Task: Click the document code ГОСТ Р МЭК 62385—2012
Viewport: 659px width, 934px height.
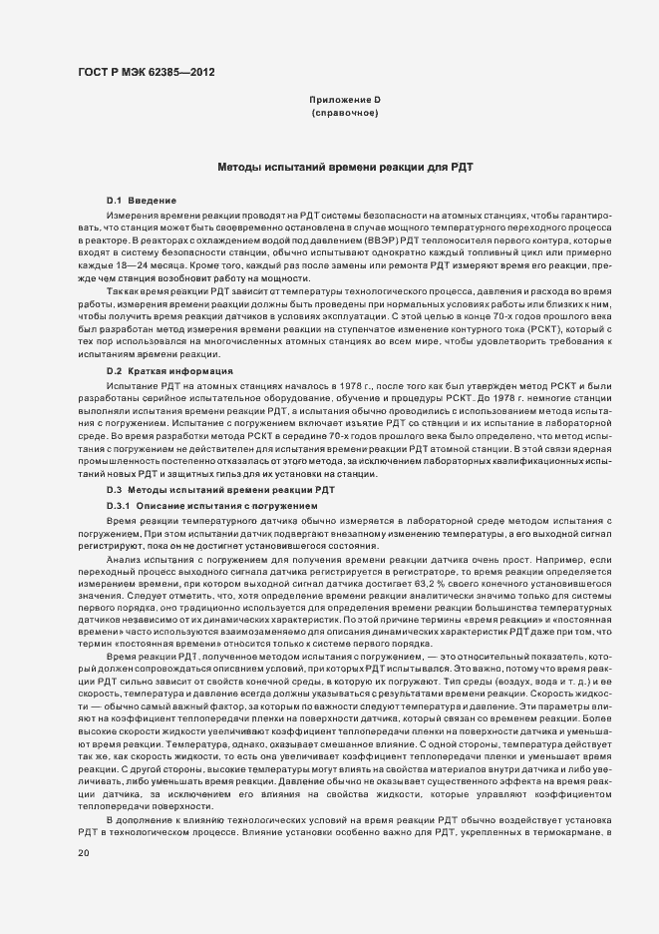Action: tap(144, 72)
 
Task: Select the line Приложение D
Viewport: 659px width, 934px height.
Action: tap(345, 101)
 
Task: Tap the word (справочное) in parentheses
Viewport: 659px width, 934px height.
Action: tap(345, 114)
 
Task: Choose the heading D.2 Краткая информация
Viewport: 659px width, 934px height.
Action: tap(169, 370)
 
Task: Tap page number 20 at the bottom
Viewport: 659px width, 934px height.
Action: tap(83, 853)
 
